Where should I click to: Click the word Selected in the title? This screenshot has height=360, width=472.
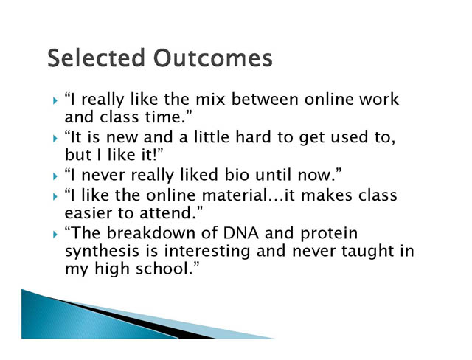(96, 58)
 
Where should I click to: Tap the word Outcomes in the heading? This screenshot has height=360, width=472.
(213, 58)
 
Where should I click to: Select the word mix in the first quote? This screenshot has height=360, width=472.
(210, 99)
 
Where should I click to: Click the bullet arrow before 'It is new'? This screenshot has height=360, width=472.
(55, 138)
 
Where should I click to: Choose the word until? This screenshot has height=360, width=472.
(273, 175)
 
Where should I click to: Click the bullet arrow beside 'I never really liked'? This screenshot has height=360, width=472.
(55, 176)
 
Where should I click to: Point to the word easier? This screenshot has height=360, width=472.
(88, 212)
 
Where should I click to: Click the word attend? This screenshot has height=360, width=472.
(165, 212)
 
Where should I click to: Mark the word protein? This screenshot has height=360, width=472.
(329, 234)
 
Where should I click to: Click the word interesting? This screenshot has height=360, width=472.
(206, 252)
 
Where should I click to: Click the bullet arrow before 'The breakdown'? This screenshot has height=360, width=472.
(55, 235)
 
